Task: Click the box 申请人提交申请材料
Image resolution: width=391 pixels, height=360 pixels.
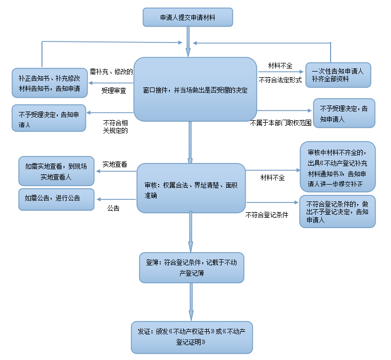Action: (x=188, y=17)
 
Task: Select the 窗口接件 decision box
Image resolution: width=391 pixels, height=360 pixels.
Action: (x=195, y=89)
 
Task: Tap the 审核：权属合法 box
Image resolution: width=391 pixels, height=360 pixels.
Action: (x=191, y=188)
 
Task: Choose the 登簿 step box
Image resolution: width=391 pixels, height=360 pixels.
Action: (x=191, y=267)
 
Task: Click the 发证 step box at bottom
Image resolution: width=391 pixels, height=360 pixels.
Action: (x=191, y=337)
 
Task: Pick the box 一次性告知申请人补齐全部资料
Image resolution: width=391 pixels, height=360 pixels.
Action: (x=337, y=75)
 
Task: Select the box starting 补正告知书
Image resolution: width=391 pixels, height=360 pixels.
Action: (x=49, y=83)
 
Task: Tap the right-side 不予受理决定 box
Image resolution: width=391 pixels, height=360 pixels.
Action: (x=343, y=113)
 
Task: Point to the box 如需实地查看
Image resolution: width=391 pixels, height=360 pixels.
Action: (x=56, y=171)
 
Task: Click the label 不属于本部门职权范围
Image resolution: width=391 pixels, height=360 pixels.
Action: (x=280, y=123)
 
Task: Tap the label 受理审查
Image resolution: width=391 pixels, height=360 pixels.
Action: (x=114, y=91)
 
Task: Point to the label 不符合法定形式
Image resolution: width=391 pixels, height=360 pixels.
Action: (x=280, y=80)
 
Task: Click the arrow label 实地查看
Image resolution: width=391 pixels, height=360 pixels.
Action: (x=115, y=164)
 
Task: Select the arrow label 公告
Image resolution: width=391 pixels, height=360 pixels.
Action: (x=113, y=208)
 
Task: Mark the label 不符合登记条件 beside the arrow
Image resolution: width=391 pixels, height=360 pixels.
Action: (x=267, y=215)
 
